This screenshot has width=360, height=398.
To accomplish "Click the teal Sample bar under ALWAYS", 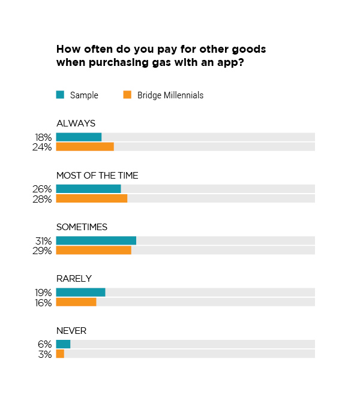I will click(79, 137).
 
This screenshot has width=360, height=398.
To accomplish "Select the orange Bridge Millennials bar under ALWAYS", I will click(85, 147).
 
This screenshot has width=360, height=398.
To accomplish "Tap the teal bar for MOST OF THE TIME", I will click(88, 189).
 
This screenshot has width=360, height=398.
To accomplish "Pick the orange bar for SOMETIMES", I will click(94, 250).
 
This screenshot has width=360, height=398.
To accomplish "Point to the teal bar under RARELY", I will click(80, 292).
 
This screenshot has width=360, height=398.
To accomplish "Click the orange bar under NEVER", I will click(60, 354).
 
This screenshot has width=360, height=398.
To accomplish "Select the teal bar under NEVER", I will click(63, 343).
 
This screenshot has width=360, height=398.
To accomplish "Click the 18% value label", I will click(43, 138).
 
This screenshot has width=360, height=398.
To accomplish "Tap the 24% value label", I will click(43, 147).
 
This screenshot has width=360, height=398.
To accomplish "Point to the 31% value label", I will click(43, 241).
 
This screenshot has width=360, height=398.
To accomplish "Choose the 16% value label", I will click(43, 302).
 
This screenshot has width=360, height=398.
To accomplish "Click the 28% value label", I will click(43, 199).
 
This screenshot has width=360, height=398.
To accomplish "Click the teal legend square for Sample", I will click(60, 94).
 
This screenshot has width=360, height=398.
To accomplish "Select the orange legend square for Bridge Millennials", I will click(127, 94).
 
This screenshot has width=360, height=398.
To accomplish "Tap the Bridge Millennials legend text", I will click(170, 95).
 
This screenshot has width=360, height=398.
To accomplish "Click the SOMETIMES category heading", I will click(82, 227).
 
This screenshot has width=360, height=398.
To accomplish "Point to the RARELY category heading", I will click(74, 279).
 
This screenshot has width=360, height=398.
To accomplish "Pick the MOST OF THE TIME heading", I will click(97, 176).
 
